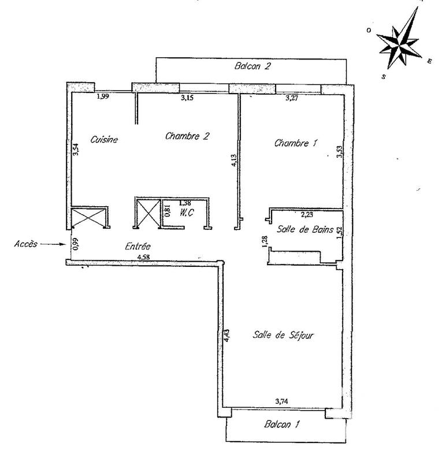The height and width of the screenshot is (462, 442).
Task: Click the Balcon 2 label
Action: [x=252, y=66]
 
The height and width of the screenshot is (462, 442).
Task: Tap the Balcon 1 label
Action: [x=281, y=424]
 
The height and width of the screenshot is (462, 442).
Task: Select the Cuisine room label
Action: [x=105, y=139]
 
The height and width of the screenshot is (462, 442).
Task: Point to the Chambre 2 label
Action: [x=187, y=136]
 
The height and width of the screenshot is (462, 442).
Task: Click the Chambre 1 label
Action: [x=296, y=143]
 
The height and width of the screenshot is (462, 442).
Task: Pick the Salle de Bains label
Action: [x=305, y=230]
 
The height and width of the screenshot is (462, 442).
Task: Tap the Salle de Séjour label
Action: [x=283, y=335]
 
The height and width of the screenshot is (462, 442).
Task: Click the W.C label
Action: [x=186, y=212]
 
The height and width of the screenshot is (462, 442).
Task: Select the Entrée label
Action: [x=138, y=246]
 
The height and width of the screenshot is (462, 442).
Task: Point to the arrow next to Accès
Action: [x=54, y=244]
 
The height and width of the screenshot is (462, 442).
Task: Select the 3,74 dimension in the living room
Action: [x=282, y=401]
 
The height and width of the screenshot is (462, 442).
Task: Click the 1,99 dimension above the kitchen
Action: [x=103, y=96]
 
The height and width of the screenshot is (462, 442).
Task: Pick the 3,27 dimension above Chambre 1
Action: [x=295, y=98]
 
